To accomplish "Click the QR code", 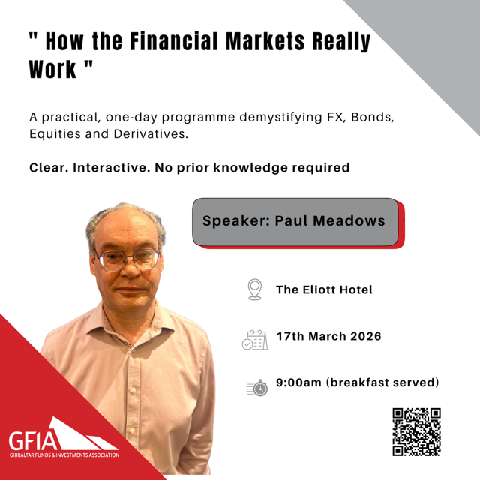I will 416,431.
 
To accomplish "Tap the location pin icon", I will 255,289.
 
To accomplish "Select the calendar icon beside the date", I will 254,340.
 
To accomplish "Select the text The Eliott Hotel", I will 324,289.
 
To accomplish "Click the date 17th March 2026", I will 328,336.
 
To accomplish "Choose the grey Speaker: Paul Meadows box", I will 294,221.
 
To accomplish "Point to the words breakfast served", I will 388,382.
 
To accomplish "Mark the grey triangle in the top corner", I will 435,45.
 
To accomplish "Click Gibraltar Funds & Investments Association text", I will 64,454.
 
